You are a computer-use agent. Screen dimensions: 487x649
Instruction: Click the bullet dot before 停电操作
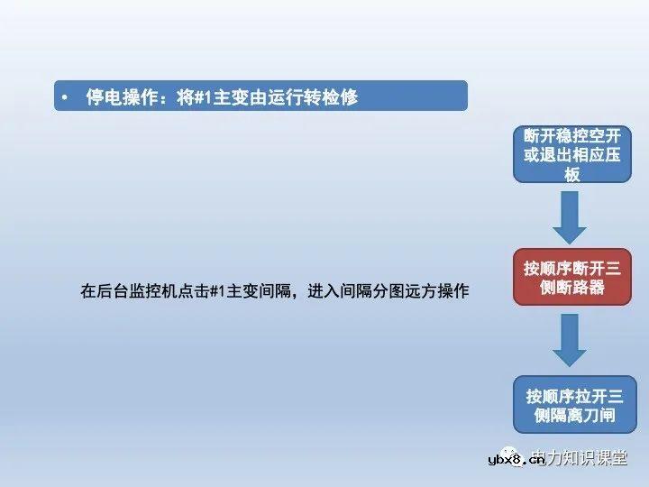(x=64, y=97)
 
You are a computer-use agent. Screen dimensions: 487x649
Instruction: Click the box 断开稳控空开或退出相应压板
(x=571, y=154)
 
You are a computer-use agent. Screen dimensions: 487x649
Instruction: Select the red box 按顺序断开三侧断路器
(x=571, y=278)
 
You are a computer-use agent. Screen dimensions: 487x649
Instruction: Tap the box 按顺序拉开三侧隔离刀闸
(x=571, y=405)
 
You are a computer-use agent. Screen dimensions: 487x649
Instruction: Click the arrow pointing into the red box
(x=571, y=216)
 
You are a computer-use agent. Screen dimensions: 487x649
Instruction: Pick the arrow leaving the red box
(x=571, y=340)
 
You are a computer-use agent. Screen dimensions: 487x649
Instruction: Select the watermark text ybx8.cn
(x=516, y=460)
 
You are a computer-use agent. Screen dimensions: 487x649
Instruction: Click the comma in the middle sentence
(x=297, y=293)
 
